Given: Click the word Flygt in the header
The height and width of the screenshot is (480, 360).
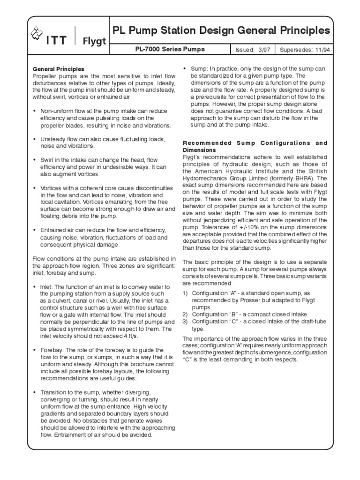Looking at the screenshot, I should point(94,41).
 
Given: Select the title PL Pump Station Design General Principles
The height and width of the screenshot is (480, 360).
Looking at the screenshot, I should point(221,31).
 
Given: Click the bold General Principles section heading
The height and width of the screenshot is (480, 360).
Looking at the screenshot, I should point(58,69).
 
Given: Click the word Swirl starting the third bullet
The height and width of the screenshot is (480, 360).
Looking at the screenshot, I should point(48,160).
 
